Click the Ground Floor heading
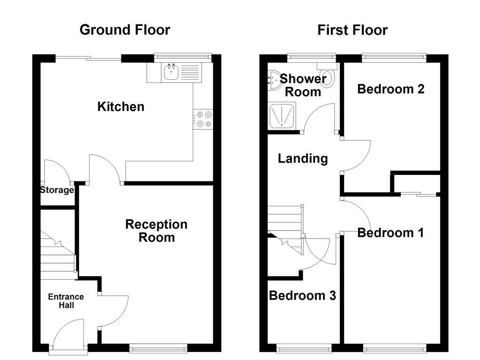[x=125, y=30]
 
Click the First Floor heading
[x=352, y=30]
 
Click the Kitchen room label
[x=120, y=107]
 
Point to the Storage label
[x=57, y=190]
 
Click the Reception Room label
[x=156, y=231]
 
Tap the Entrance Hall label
[x=66, y=301]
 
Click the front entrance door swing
[x=68, y=334]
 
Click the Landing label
[x=303, y=158]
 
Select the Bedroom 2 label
[x=390, y=89]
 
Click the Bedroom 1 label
[x=390, y=232]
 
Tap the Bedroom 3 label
[x=302, y=296]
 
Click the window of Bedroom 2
[x=393, y=58]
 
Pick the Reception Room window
[x=158, y=348]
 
